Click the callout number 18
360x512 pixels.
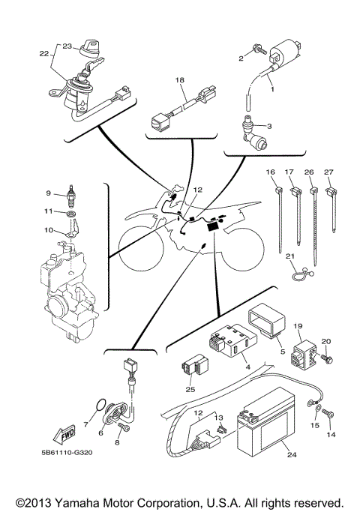pos(179,79)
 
